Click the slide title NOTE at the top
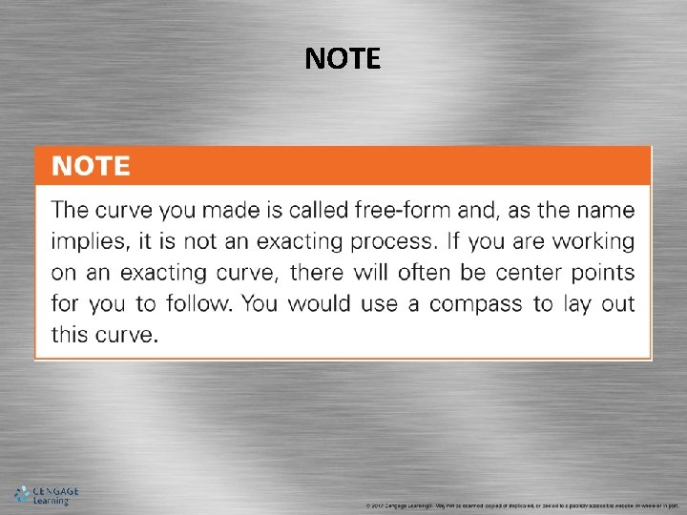pyautogui.click(x=343, y=60)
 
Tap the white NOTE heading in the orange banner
pyautogui.click(x=91, y=167)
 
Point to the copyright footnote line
pyautogui.click(x=520, y=505)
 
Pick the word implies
pyautogui.click(x=88, y=241)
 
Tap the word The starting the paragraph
pyautogui.click(x=73, y=209)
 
